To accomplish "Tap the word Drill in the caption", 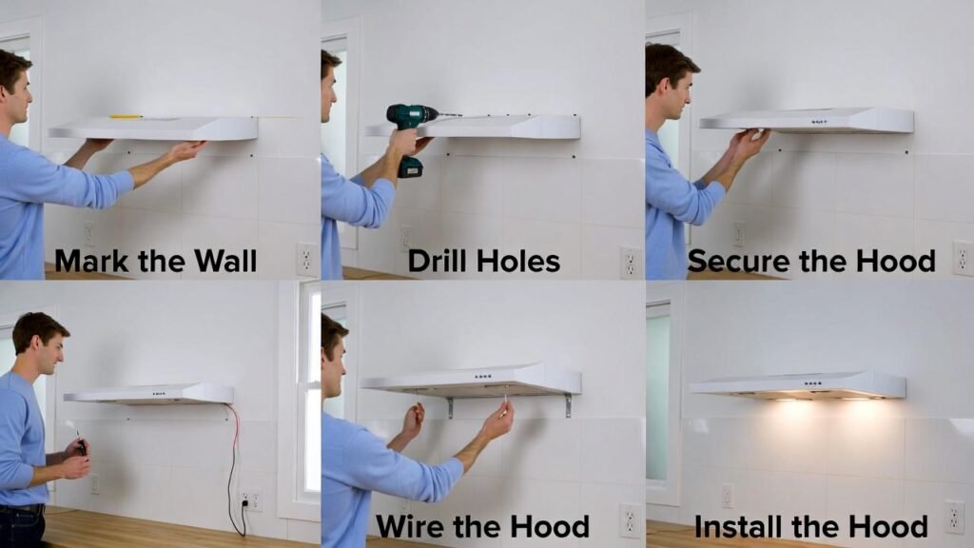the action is click(x=437, y=261).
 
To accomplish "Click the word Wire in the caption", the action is click(x=409, y=527).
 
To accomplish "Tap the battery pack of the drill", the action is click(x=411, y=167).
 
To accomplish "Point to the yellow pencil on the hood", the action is click(x=127, y=116).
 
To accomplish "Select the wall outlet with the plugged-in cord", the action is click(x=250, y=500).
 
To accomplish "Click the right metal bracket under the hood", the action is click(x=567, y=405).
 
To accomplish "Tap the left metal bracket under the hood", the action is click(x=450, y=407).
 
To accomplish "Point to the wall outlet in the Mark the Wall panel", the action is click(x=306, y=259).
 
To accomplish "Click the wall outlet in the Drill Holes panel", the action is click(x=630, y=263).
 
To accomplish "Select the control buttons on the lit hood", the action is click(x=812, y=383).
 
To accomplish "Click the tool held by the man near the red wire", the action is click(x=80, y=444).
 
